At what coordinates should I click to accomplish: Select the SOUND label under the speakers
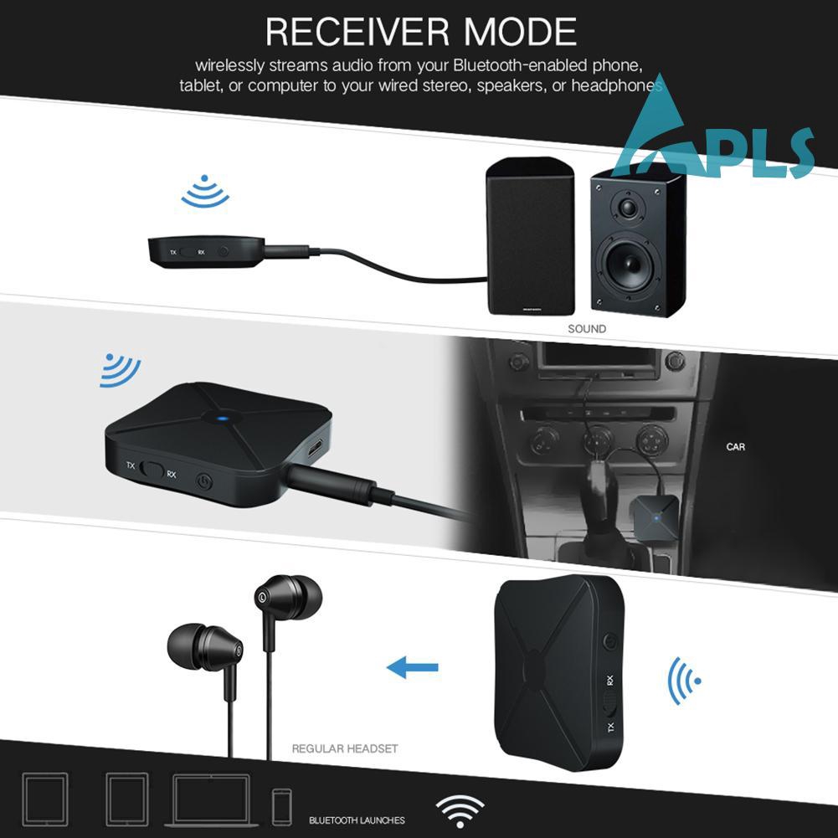[587, 329]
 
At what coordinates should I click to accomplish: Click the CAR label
[735, 447]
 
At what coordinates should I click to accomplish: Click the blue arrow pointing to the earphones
[413, 667]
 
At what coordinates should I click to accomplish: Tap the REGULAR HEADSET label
[344, 748]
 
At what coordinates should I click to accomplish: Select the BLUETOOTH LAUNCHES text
[357, 820]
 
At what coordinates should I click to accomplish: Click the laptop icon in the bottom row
[211, 800]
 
